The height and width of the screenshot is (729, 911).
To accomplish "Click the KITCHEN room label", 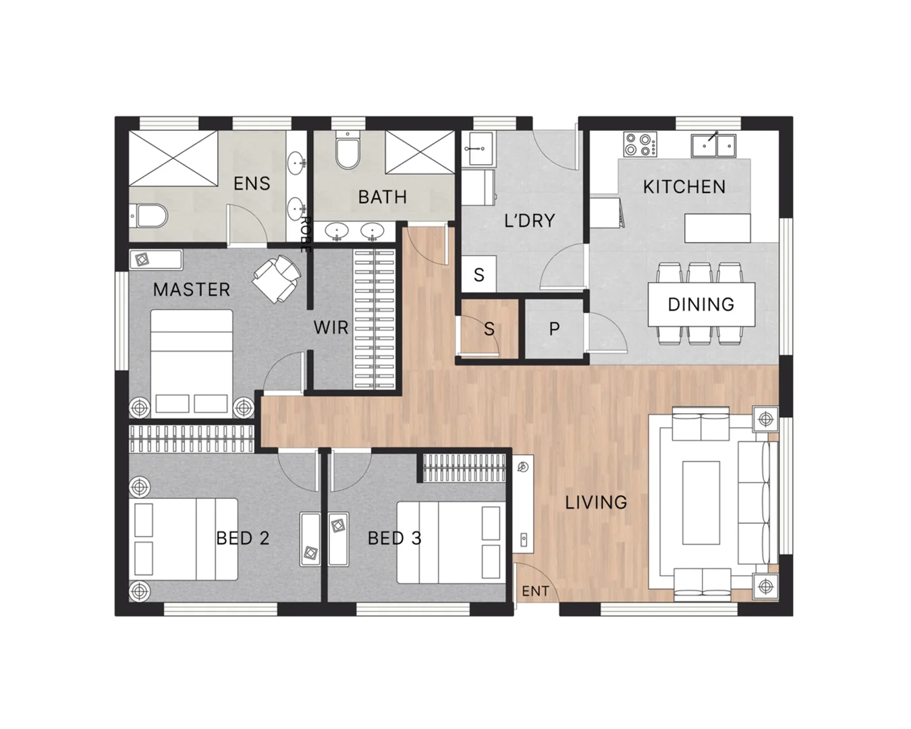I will pos(684,186).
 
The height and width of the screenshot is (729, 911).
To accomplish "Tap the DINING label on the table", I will pos(700,304).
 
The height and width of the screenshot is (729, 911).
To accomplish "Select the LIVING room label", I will pos(596,502).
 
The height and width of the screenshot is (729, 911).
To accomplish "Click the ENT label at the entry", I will pos(535,591).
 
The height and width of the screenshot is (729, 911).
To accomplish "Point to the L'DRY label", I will pos(529,221).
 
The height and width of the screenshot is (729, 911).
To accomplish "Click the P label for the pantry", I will pos(554,329).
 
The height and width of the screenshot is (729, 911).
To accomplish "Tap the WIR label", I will pos(331,328).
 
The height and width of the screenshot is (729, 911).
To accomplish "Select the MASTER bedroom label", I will pos(191,290).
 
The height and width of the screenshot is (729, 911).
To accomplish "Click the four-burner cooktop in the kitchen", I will pos(640,144).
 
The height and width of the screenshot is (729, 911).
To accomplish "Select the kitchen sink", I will pos(713,145).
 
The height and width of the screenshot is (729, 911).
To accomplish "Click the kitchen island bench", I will pos(717,228).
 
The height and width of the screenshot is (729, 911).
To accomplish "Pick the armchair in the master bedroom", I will pos(277,278).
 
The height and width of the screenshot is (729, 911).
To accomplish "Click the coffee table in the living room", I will pos(700,502).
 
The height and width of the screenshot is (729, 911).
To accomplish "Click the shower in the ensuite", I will pos(173,159).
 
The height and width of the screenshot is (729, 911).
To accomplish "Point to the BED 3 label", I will pos(394,538).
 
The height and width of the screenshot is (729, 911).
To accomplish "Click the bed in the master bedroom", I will pos(191,362).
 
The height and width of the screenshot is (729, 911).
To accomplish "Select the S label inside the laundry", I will pos(478,275).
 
